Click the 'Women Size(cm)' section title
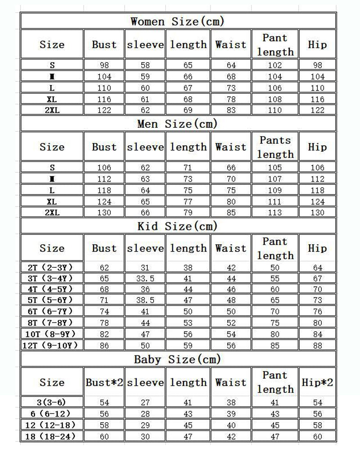click(177, 21)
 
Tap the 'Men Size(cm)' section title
click(177, 124)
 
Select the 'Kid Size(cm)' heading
click(177, 226)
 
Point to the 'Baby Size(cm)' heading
click(177, 359)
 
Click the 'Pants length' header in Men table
click(275, 147)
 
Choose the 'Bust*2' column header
click(104, 382)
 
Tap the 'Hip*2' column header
click(317, 382)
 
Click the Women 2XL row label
click(52, 110)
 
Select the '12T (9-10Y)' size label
click(52, 346)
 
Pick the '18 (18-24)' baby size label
click(52, 436)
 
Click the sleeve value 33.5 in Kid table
click(145, 279)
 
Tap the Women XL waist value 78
click(231, 99)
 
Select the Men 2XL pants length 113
click(275, 212)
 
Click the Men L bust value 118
click(104, 190)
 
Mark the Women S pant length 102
click(275, 65)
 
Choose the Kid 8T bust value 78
click(104, 323)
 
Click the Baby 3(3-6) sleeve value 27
click(145, 402)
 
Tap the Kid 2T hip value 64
click(317, 268)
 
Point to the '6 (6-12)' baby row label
click(52, 414)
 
